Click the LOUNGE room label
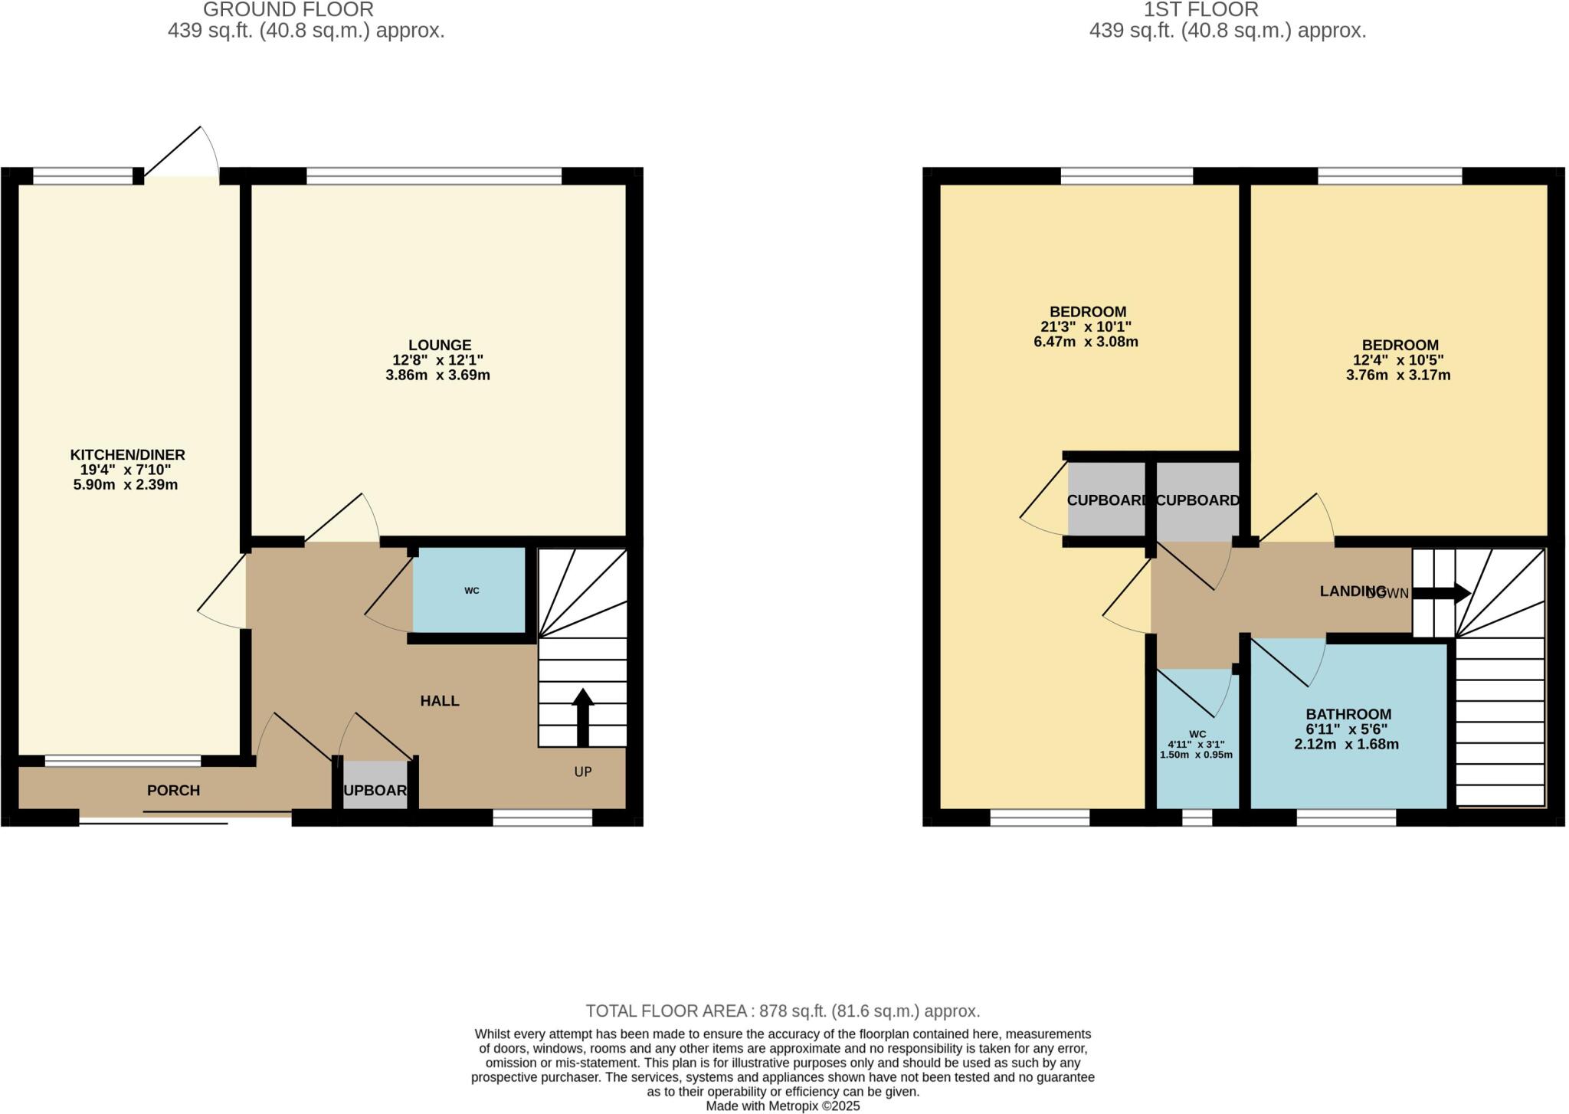click(439, 346)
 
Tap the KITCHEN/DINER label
click(127, 455)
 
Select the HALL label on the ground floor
click(439, 701)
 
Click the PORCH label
click(173, 791)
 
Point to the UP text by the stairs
click(583, 772)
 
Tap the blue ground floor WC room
click(470, 591)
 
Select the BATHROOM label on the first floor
click(1348, 714)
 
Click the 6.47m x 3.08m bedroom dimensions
click(1086, 342)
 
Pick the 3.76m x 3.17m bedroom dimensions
click(1398, 375)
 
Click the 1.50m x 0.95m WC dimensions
click(1197, 755)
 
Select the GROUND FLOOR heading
click(288, 10)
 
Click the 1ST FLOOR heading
click(1200, 10)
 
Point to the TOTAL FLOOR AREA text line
click(783, 1011)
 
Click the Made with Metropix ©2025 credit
click(783, 1106)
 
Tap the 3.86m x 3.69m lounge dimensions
click(437, 375)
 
